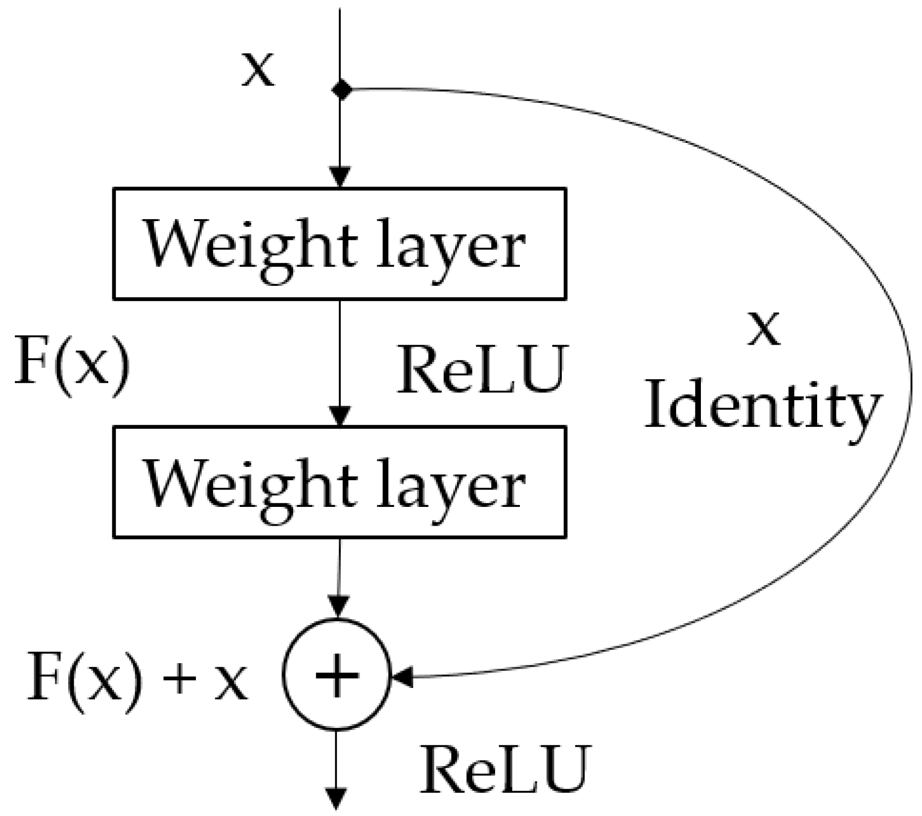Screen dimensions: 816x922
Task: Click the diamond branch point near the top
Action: coord(341,90)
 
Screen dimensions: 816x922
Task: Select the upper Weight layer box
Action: coord(339,244)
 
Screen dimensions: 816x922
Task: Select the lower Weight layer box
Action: coord(339,482)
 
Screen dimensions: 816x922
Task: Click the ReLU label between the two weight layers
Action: coord(481,369)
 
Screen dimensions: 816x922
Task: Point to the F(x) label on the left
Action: coord(73,366)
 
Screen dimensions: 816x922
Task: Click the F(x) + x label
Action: coord(137,683)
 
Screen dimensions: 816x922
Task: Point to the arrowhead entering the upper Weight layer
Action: coord(340,177)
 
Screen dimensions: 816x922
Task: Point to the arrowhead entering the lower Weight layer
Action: coord(340,415)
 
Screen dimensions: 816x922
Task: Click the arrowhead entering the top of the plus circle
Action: coord(338,606)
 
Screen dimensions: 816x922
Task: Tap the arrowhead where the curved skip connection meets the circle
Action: coord(402,677)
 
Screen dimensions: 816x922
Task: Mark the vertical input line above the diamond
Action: coord(340,45)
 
